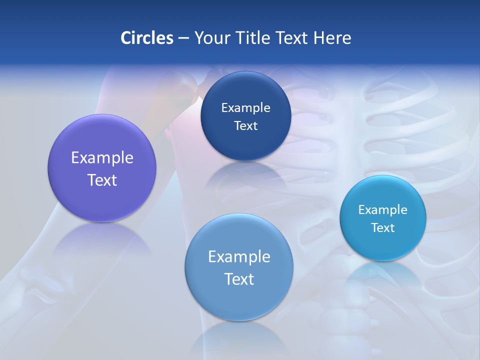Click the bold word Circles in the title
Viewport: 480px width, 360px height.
[x=146, y=38]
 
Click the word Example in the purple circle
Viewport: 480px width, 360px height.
[x=102, y=158]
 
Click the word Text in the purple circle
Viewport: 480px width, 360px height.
[x=102, y=180]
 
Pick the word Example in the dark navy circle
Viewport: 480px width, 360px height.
[x=245, y=108]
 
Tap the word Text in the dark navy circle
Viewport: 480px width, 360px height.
[x=245, y=126]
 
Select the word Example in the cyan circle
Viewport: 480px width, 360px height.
[x=383, y=210]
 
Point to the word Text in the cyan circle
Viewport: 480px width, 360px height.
[x=383, y=228]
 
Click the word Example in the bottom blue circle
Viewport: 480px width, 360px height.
[x=239, y=257]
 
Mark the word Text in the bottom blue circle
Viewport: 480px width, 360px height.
[x=239, y=279]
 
